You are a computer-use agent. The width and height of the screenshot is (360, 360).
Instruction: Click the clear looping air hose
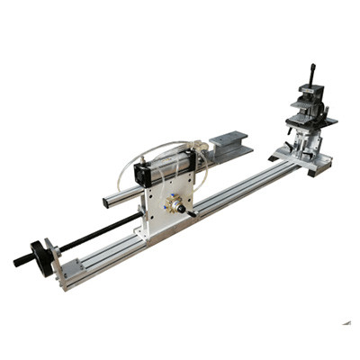click(x=135, y=160)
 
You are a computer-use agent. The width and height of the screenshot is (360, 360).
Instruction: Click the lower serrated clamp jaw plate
click(x=310, y=122)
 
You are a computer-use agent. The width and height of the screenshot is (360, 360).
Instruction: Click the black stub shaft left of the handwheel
click(x=21, y=261)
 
